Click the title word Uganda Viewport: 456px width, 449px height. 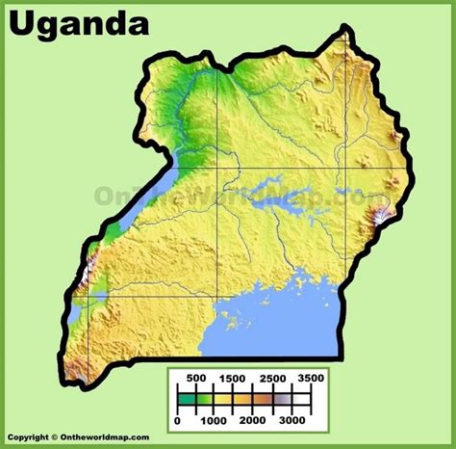[78, 23]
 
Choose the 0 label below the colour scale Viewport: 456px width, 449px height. [179, 421]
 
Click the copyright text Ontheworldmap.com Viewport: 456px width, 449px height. [76, 438]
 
